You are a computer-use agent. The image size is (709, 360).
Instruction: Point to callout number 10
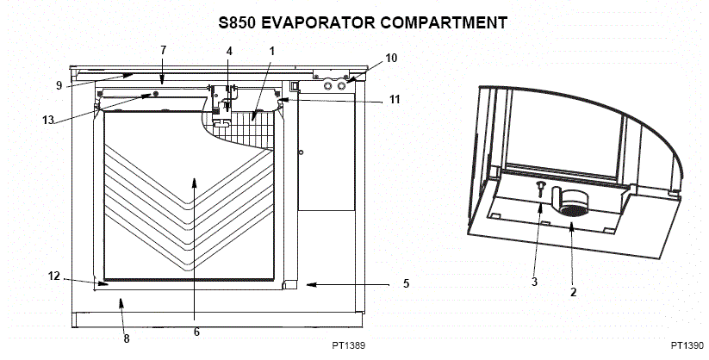pos(391,58)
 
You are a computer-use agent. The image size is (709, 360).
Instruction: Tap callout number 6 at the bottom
pos(196,331)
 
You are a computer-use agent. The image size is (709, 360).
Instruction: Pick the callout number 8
pos(127,338)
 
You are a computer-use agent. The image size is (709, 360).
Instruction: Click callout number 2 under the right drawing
pos(573,291)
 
